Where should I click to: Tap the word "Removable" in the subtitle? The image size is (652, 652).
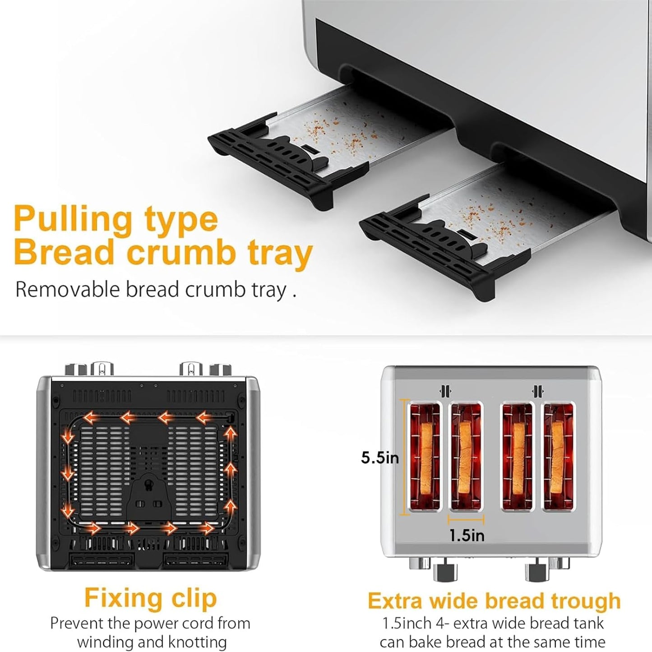click(69, 290)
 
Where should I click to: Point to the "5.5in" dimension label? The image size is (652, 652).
click(380, 458)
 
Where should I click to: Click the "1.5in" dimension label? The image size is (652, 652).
click(467, 536)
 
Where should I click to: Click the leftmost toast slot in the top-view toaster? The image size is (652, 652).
click(425, 457)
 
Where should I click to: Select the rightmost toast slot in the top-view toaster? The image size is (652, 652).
click(559, 457)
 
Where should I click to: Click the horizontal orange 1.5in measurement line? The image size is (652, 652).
click(466, 520)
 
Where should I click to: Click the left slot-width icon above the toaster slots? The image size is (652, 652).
click(445, 391)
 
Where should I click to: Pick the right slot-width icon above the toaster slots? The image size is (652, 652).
click(537, 391)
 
